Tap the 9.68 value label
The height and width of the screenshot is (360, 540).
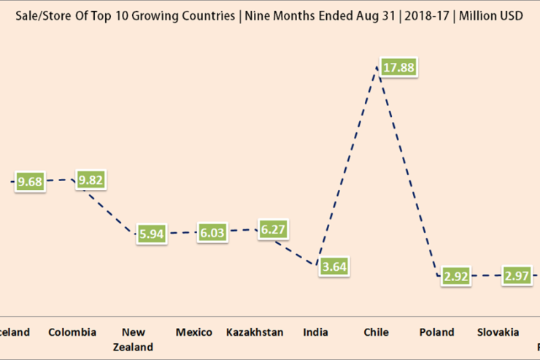(31, 182)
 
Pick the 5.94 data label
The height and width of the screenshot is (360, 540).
(153, 234)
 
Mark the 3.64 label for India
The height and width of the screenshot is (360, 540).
(334, 267)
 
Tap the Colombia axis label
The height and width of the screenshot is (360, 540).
(72, 332)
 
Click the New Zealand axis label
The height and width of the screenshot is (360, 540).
(133, 340)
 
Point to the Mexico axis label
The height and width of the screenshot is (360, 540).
(194, 332)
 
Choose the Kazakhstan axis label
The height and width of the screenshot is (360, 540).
(255, 332)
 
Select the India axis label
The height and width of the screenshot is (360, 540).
(315, 332)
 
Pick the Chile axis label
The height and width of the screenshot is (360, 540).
(377, 332)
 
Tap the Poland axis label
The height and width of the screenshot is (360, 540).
(436, 332)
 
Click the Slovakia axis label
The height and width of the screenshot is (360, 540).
(498, 332)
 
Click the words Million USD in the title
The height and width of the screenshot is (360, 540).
(491, 15)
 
